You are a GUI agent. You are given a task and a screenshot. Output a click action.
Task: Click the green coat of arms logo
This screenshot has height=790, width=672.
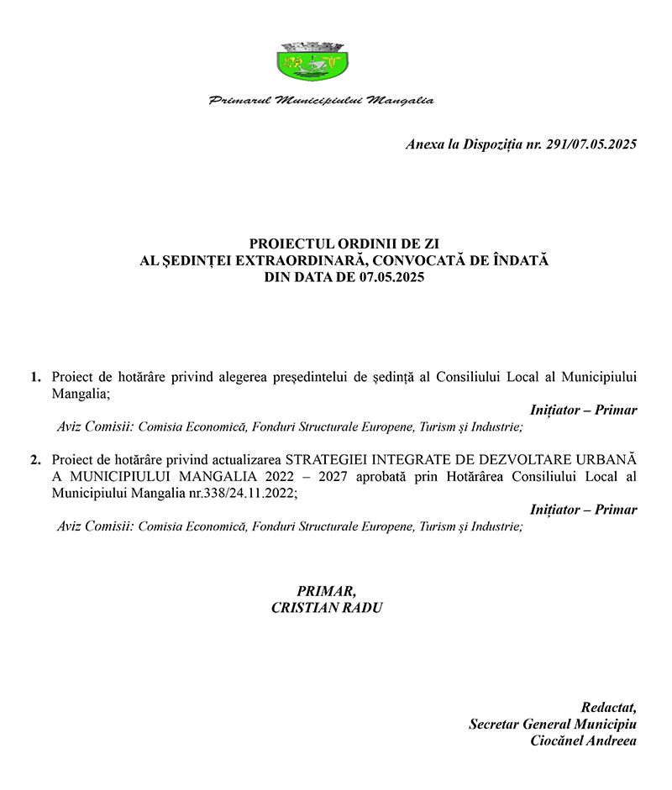(x=312, y=60)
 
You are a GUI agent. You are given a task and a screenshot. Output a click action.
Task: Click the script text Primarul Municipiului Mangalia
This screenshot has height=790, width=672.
(x=322, y=101)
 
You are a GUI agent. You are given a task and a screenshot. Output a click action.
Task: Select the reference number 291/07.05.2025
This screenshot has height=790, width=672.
(x=591, y=144)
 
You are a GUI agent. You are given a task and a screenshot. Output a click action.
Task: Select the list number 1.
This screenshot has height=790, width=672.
(x=34, y=377)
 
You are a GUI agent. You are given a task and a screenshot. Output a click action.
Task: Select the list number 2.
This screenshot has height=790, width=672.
(x=34, y=460)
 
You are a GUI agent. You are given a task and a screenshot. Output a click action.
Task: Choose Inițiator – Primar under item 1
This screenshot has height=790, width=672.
(x=584, y=411)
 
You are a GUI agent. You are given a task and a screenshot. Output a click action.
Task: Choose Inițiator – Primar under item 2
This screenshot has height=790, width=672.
(x=584, y=510)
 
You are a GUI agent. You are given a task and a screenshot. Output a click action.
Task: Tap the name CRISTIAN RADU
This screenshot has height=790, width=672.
(x=327, y=607)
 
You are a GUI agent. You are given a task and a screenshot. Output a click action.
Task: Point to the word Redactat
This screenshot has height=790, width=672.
(x=609, y=707)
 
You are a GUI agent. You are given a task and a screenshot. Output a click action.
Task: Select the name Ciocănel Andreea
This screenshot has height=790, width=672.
(x=584, y=740)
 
